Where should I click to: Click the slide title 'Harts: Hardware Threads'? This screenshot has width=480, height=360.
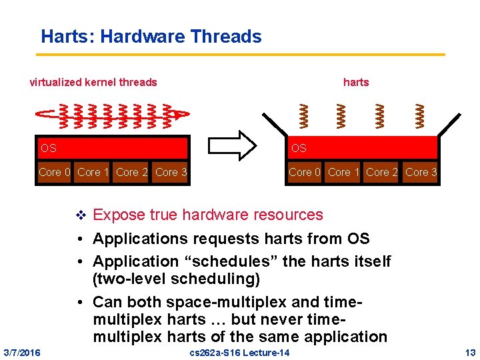coord(151,36)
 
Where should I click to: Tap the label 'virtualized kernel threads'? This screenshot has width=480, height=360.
coord(94,83)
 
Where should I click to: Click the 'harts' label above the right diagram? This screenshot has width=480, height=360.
coord(355,83)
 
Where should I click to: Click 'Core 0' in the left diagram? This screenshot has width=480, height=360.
coord(55,173)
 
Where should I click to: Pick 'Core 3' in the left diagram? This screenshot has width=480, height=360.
coord(171,173)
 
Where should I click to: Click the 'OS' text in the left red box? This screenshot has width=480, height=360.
coord(48,148)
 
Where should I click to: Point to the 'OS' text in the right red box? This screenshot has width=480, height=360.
coord(299,148)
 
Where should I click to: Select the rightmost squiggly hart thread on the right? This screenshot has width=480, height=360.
coord(420,115)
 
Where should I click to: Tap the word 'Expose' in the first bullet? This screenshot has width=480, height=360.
coord(119,215)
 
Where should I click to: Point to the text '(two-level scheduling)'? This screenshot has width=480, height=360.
coord(177,278)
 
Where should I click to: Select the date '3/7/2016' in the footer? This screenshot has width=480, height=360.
coord(21,352)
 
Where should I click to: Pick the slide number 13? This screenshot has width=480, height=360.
coord(471,352)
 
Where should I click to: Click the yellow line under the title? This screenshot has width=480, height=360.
coord(240,54)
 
